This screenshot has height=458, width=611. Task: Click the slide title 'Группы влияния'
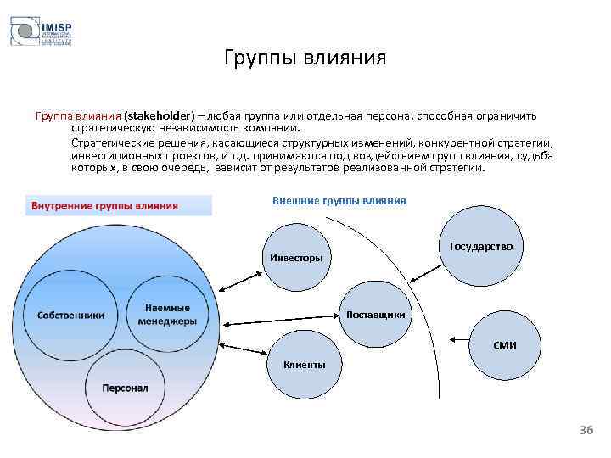coord(305,59)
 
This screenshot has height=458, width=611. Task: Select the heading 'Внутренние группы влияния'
coord(104,205)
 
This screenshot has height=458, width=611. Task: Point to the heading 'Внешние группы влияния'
coord(339,201)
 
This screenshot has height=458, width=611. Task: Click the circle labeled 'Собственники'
coord(70,315)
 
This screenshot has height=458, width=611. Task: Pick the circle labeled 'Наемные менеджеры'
coord(167,314)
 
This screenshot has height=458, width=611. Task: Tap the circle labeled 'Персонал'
coord(125,387)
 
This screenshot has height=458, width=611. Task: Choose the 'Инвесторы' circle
coord(296,257)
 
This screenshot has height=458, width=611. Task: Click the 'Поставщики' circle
coord(376,315)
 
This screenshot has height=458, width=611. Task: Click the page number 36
coord(586,431)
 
